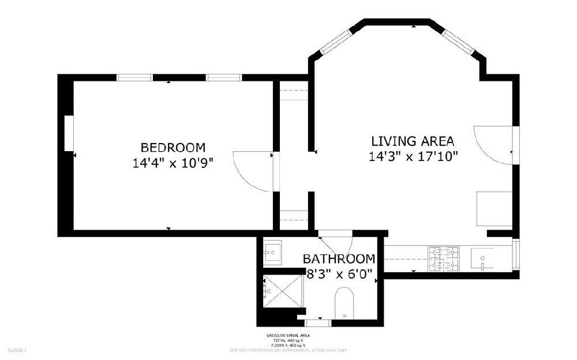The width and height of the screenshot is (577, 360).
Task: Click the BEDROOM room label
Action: click(173, 147)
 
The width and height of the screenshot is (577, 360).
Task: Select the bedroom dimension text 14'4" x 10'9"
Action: click(173, 163)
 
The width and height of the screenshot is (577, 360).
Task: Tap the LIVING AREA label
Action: click(413, 141)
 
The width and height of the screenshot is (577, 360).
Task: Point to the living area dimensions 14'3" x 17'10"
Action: click(414, 156)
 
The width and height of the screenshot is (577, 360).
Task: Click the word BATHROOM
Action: click(339, 259)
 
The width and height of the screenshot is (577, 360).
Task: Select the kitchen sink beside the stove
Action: click(482, 258)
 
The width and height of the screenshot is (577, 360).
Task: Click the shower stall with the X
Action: click(283, 292)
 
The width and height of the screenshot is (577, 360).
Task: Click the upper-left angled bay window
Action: click(336, 42)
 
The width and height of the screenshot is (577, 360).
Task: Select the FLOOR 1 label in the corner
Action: click(17, 350)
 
